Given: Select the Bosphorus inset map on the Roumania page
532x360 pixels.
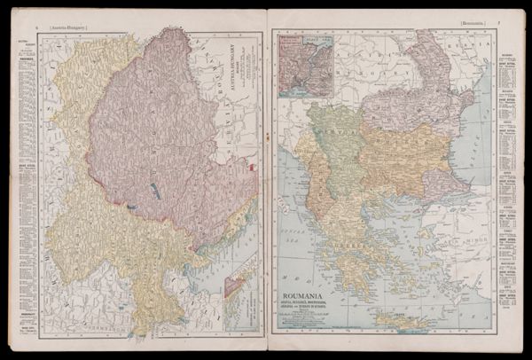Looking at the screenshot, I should (x=303, y=64).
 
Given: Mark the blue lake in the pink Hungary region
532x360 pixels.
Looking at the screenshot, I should (x=156, y=186).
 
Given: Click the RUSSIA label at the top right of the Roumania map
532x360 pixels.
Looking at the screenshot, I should (x=465, y=42).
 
